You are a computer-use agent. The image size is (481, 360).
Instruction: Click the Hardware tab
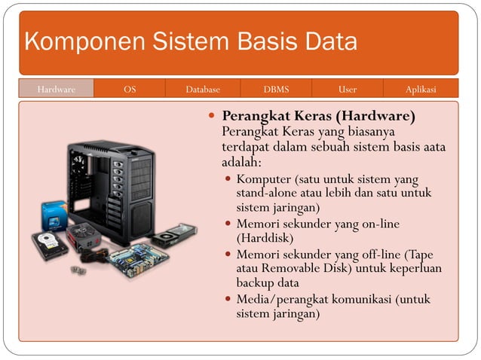coord(57,89)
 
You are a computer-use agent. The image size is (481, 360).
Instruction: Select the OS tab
coord(130,89)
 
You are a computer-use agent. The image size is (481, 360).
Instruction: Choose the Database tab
coord(203,89)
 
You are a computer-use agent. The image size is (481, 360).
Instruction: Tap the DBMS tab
coord(276,89)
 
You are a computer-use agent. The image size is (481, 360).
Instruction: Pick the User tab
coord(348,89)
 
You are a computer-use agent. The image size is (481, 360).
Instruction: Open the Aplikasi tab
coord(421,89)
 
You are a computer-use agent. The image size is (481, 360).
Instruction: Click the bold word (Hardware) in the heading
coord(378,117)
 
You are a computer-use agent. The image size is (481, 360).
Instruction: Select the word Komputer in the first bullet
coord(264,179)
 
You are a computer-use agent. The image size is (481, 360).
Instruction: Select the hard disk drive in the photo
coord(49,246)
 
